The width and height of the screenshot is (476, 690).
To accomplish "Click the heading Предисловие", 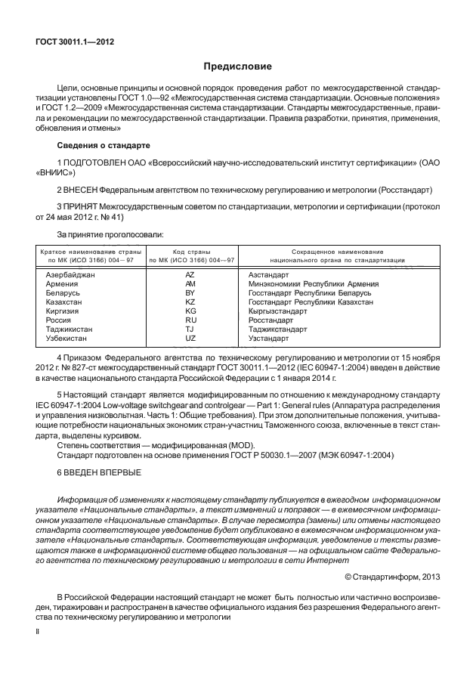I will tap(237, 67).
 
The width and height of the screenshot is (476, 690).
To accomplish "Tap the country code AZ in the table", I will tap(190, 274).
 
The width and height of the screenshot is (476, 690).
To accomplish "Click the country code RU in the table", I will tap(190, 320).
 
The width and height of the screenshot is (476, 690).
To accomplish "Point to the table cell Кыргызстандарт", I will tap(277, 311).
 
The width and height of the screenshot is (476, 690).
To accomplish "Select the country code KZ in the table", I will tap(190, 302).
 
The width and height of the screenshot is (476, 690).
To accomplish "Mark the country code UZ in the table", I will tap(190, 338).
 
